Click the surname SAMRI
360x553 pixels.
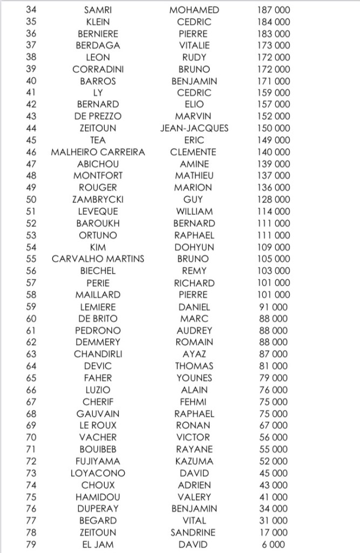98,10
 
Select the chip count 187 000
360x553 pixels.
274,10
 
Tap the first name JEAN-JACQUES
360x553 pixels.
194,129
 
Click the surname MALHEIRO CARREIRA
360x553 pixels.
98,152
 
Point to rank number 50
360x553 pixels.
31,200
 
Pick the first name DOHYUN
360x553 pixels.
194,247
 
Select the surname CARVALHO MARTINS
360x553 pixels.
98,259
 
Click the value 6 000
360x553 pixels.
274,544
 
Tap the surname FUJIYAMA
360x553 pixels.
98,461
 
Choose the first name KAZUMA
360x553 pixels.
194,461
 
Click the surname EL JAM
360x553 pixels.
98,544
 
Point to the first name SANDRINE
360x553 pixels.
194,532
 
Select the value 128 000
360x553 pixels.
274,200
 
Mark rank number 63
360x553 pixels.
31,354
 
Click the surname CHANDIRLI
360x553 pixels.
98,354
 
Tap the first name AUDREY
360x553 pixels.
194,331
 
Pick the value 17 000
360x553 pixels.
274,532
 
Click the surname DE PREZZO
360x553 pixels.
98,117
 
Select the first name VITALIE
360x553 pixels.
194,45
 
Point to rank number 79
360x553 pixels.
31,544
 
